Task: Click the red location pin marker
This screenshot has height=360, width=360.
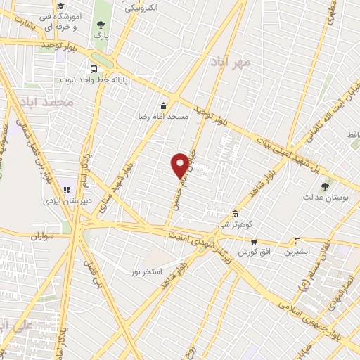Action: point(180,165)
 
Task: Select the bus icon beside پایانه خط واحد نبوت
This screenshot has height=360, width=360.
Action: point(94,70)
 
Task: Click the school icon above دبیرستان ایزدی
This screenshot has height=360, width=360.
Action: point(67,189)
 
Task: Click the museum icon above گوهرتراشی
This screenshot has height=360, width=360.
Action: point(236,214)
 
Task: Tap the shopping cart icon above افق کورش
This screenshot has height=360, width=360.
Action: point(254,241)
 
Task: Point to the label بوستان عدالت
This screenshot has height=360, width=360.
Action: point(324,198)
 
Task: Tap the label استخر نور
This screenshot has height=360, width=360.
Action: point(147,271)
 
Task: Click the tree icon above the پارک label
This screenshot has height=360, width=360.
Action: point(102,24)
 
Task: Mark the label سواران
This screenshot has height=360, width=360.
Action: point(42,238)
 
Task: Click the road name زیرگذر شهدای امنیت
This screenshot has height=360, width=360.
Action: point(215,248)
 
